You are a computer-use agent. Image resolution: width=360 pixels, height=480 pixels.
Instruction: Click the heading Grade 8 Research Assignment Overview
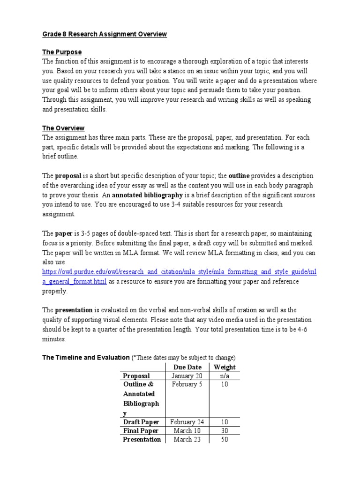[x=105, y=35]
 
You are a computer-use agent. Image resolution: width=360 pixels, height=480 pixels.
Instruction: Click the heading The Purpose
[x=62, y=52]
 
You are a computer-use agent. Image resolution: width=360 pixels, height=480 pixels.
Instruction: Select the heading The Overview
[x=63, y=128]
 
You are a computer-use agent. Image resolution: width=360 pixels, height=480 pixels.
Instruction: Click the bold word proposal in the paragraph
[x=68, y=176]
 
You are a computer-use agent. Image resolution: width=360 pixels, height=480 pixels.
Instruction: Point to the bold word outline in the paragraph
[x=239, y=176]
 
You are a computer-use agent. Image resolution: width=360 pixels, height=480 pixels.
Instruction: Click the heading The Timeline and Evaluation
[x=86, y=357]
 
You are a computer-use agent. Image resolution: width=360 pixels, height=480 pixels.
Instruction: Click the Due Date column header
[x=187, y=367]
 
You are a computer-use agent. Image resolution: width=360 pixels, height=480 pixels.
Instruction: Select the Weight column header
[x=224, y=367]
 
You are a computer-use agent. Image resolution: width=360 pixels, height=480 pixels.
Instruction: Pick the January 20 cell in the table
[x=187, y=376]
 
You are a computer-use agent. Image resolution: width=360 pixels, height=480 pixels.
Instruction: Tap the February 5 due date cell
[x=187, y=385]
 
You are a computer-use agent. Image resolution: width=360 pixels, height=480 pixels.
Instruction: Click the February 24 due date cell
[x=187, y=422]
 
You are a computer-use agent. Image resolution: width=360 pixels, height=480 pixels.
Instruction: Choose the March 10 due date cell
[x=187, y=431]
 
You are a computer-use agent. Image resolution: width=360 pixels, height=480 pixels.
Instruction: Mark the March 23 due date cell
[x=187, y=440]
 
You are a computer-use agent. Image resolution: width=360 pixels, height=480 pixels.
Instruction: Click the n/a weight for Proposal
[x=224, y=376]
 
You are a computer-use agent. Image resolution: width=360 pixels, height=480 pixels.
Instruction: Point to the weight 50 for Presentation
[x=224, y=440]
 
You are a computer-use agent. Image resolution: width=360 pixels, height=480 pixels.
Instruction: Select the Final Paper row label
[x=141, y=431]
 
